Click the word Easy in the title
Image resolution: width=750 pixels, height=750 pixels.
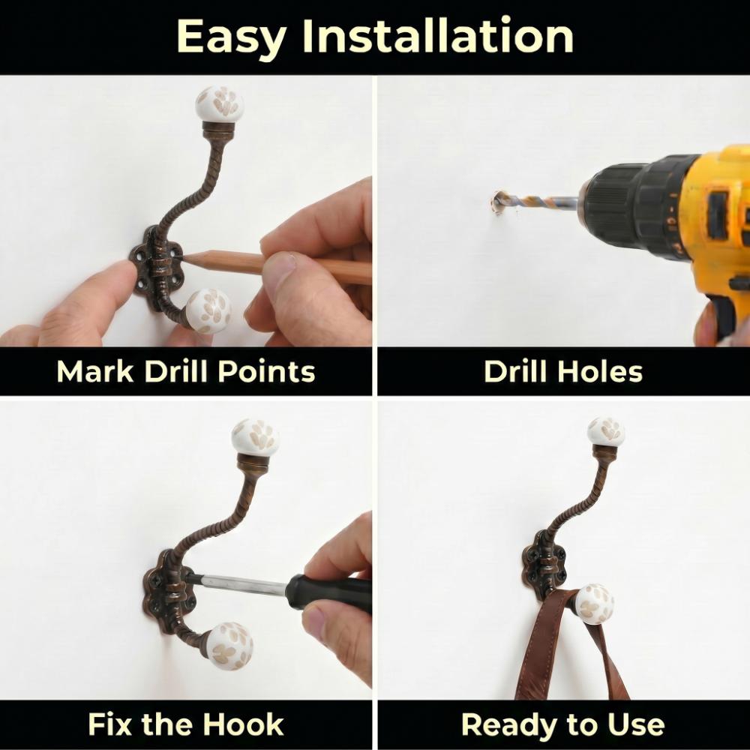[232, 37]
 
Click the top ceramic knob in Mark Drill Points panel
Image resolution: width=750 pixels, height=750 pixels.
[220, 104]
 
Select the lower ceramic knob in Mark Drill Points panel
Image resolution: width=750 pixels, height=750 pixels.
[208, 311]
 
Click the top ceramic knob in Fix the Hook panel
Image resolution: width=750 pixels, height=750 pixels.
[255, 438]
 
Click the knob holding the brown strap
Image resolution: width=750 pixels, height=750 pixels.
[595, 604]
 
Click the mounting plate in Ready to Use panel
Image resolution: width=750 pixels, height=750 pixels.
[543, 565]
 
